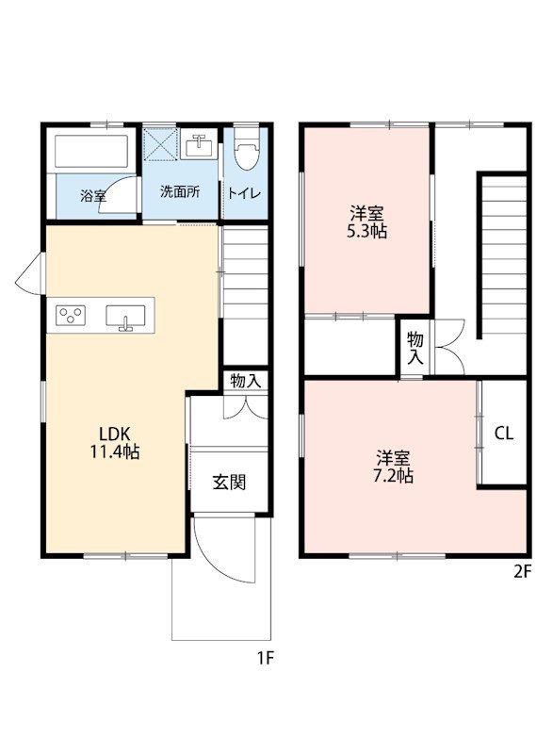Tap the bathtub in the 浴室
pos(91,151)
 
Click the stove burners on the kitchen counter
pos(71,316)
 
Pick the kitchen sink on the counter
pos(125,317)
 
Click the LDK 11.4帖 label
pos(115,443)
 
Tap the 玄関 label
pos(230,482)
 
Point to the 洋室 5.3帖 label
pos(367,221)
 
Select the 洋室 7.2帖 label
pos(393,466)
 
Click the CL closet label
pos(504,434)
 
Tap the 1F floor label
pos(265,657)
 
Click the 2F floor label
pos(522,572)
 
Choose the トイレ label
pos(245,193)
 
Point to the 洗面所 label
pos(180,192)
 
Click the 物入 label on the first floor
pos(246,381)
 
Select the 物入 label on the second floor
pos(415,348)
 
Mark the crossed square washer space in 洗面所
pos(161,144)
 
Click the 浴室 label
pos(93,196)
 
